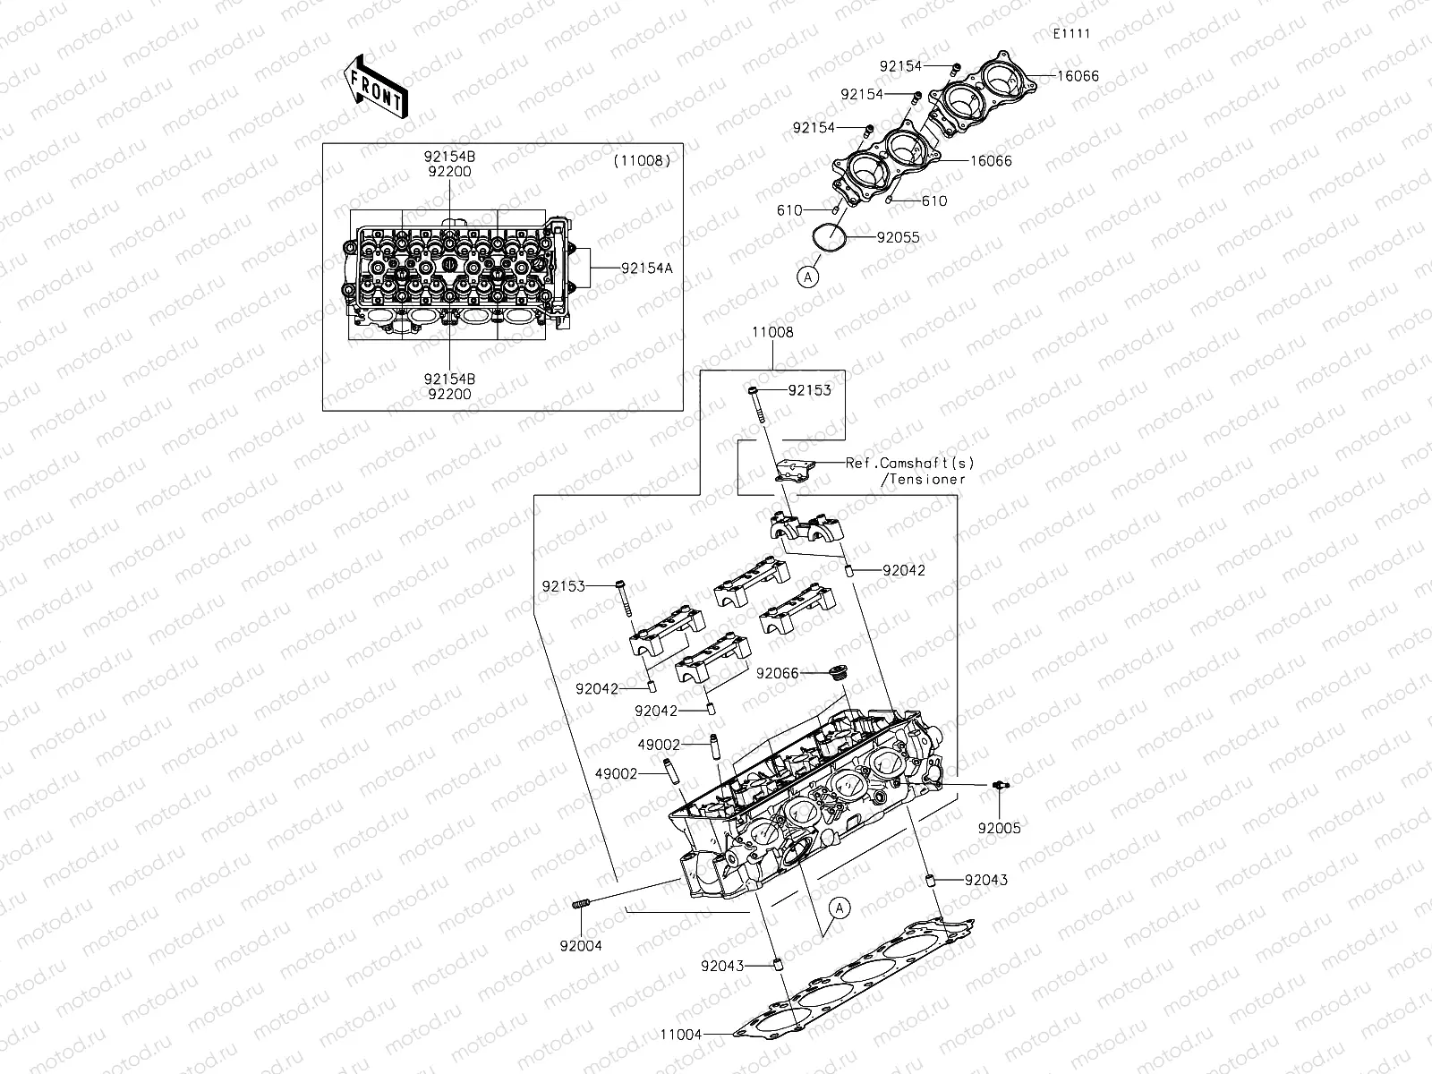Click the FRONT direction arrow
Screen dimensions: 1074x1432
374,87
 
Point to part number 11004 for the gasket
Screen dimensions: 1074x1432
680,1035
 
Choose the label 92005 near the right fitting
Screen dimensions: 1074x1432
999,828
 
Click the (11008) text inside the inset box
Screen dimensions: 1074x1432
642,161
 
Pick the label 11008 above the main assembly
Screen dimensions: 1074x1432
771,332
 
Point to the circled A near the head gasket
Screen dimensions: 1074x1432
838,908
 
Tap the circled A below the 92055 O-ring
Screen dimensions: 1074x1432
807,277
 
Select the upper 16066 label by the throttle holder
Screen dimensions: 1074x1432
1078,77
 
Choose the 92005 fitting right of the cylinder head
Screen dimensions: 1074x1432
1000,785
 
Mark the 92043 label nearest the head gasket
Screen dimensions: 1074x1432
721,967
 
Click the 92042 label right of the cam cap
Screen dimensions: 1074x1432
903,570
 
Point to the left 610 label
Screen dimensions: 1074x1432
789,210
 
